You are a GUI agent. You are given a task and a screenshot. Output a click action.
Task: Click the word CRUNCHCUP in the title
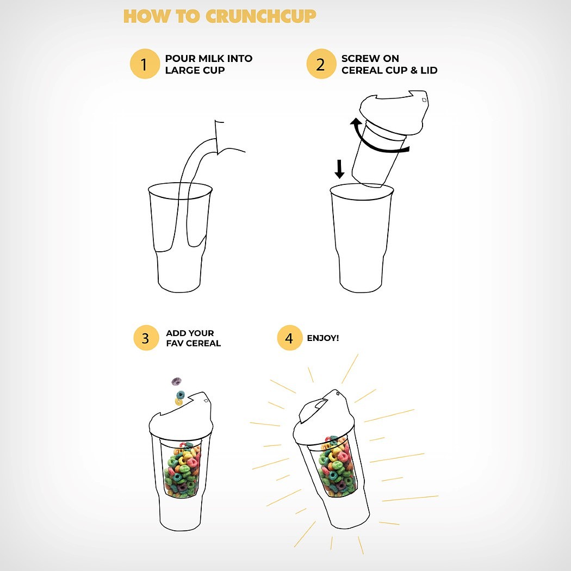260,16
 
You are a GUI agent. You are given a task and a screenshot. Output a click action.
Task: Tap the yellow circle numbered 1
145,64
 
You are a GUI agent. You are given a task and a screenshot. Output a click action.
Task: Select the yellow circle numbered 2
321,64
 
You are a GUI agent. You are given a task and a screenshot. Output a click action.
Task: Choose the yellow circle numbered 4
289,338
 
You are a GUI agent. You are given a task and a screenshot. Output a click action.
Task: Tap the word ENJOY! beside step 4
323,338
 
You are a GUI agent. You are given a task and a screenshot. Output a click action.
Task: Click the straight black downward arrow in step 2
339,169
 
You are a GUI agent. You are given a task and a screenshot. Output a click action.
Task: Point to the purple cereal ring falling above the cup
177,381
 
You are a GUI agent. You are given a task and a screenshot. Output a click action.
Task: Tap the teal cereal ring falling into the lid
180,395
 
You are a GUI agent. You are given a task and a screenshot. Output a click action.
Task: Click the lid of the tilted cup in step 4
324,419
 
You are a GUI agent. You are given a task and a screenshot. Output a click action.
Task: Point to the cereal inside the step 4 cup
336,466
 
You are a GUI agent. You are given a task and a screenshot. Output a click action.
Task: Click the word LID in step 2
429,70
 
